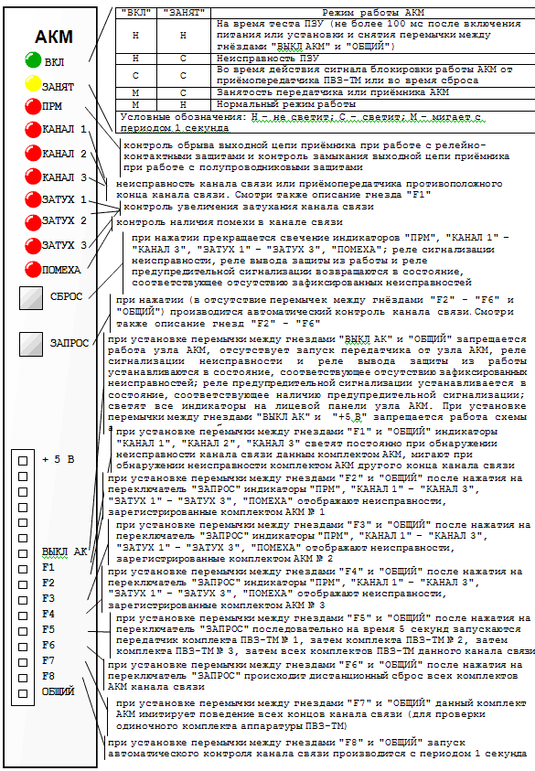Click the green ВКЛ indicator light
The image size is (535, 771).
click(33, 60)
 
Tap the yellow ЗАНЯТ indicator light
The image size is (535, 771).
click(33, 83)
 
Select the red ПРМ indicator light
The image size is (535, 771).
click(33, 106)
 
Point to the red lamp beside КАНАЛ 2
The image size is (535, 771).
click(33, 153)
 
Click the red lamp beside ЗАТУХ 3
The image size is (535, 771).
click(33, 245)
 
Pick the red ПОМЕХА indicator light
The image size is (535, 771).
click(33, 269)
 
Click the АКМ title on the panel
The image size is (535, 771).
click(54, 37)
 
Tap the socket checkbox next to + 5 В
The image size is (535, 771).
click(23, 461)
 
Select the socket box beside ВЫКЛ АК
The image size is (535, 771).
click(23, 553)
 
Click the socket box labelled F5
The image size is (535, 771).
click(23, 631)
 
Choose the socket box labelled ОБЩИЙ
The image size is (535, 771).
click(23, 693)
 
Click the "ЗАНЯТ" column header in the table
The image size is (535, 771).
click(184, 13)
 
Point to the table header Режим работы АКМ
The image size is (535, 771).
click(373, 13)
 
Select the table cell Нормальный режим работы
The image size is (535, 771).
click(286, 104)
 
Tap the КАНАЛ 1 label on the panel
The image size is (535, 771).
click(64, 129)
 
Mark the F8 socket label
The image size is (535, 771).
click(48, 676)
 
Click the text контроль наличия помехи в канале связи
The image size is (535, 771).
click(230, 222)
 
